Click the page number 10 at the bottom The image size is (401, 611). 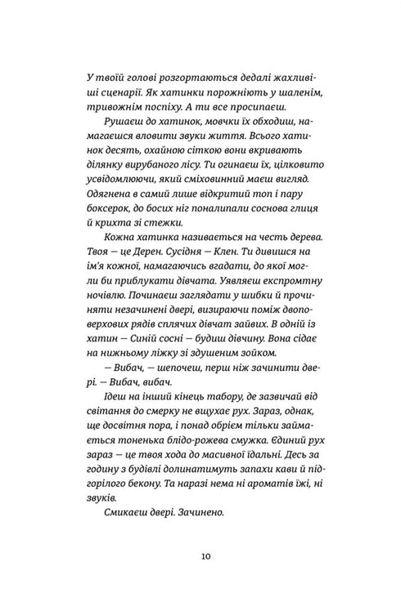[x=200, y=557]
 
